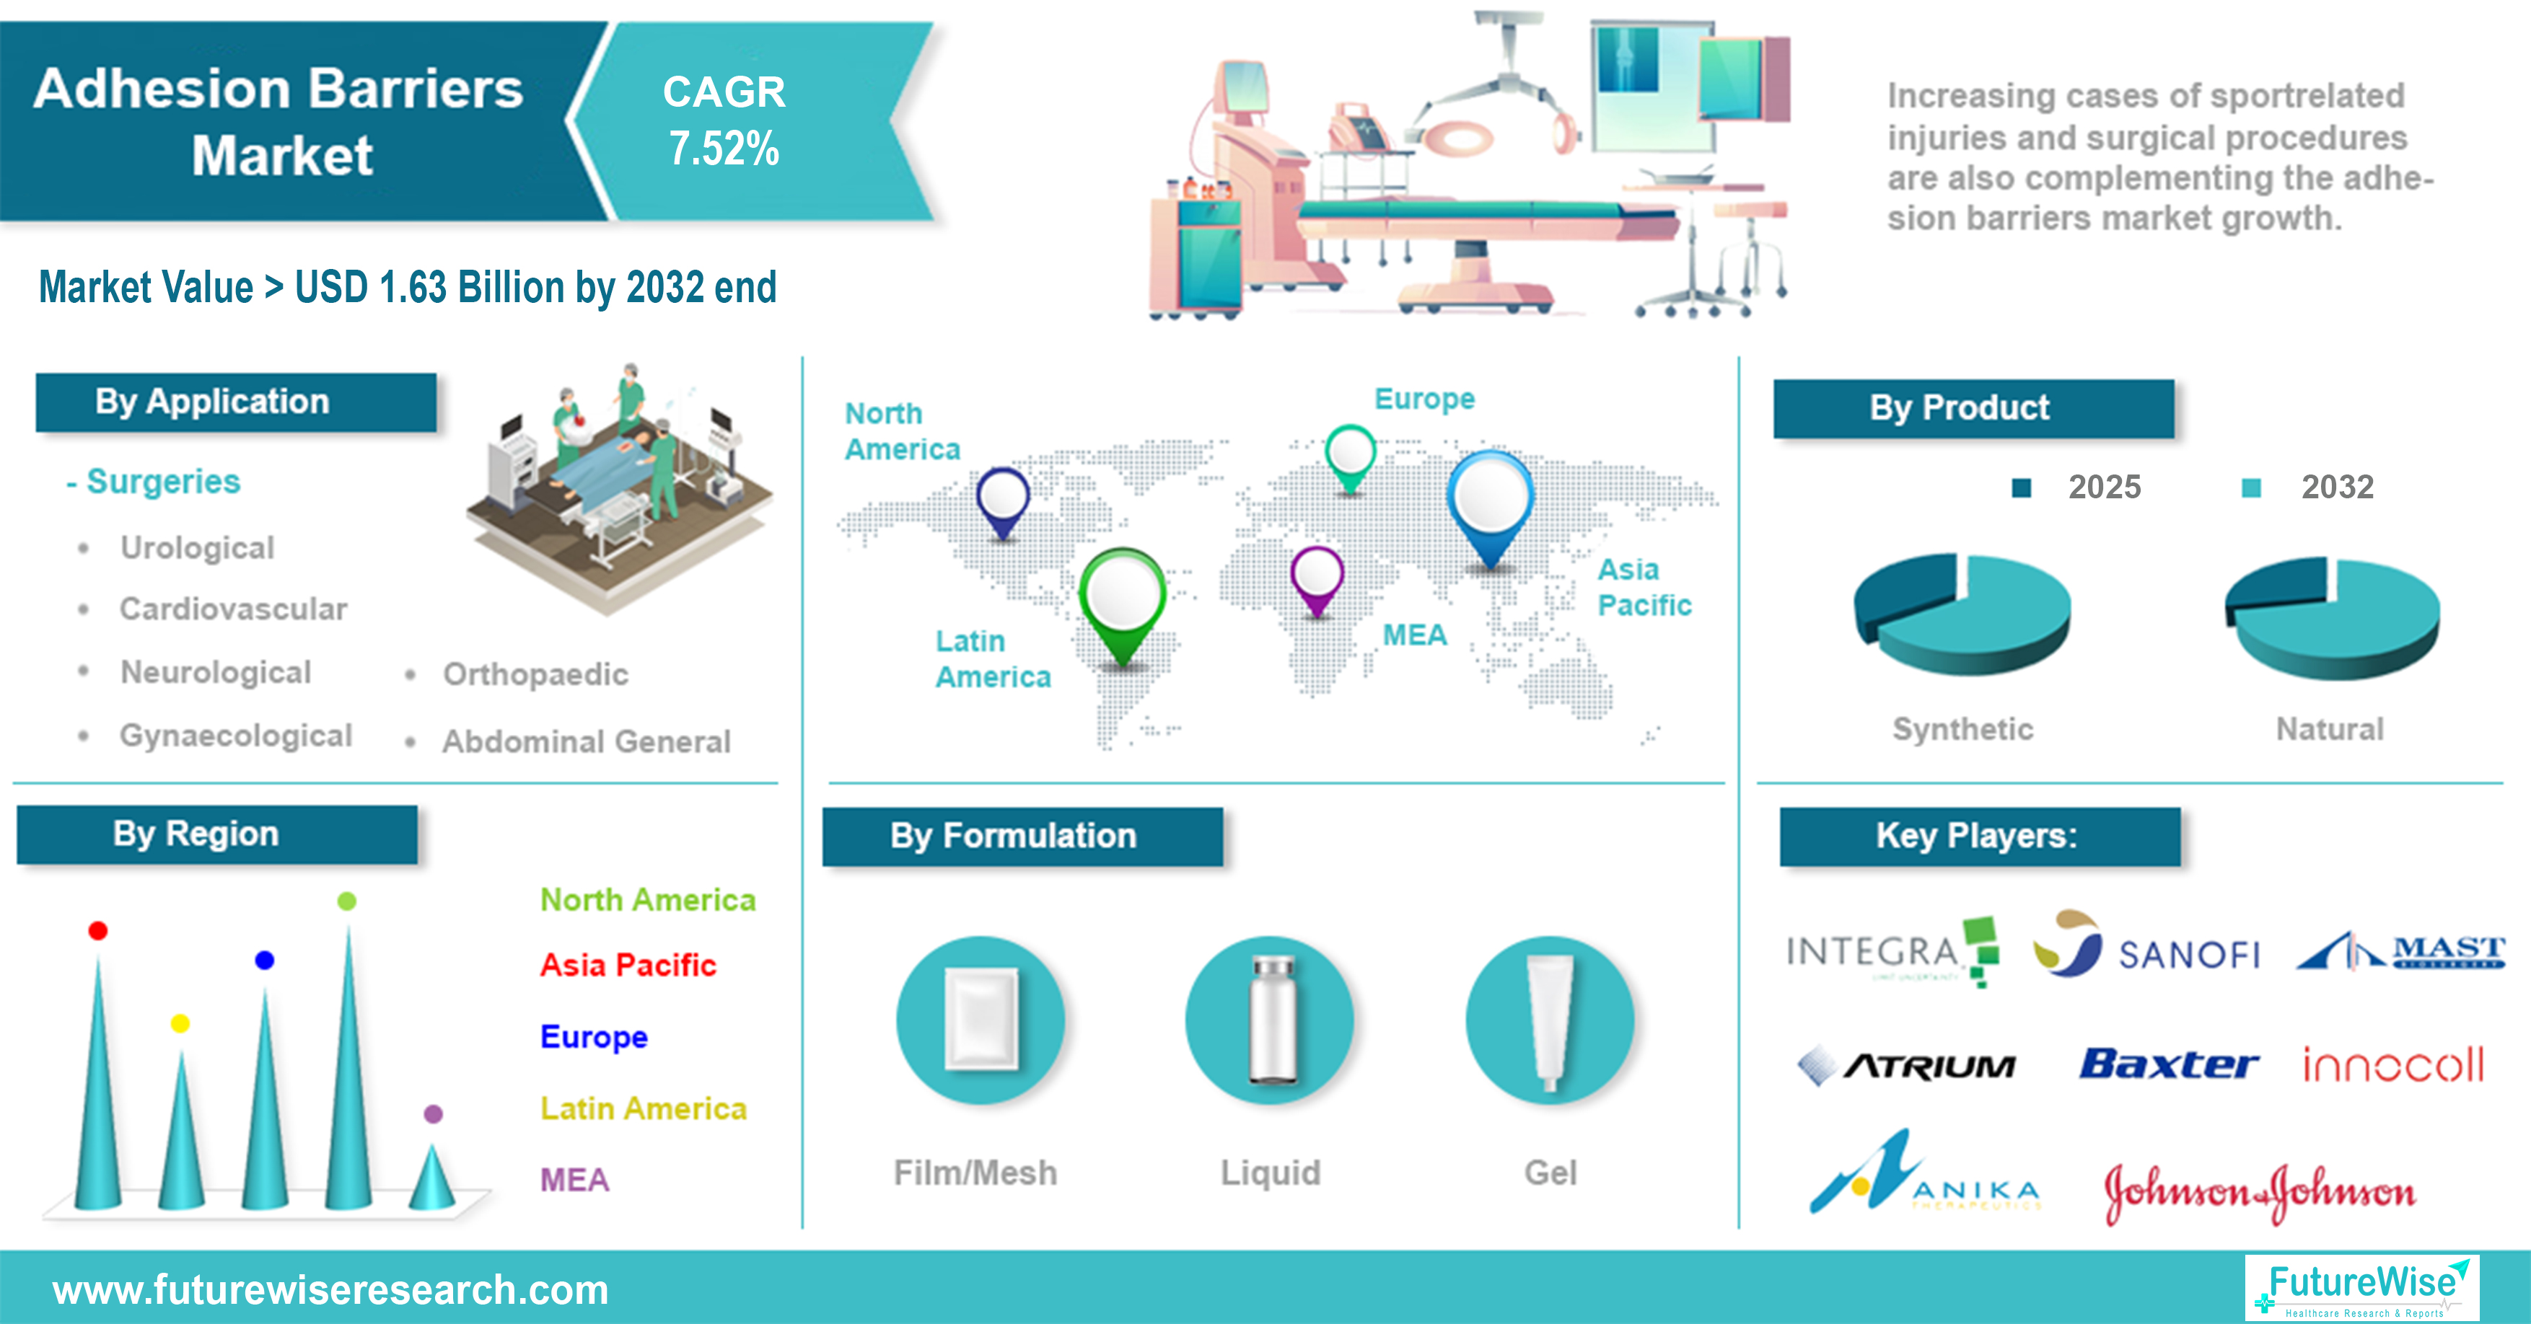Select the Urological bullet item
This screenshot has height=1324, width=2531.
(x=196, y=548)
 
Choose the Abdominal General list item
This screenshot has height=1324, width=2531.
(x=586, y=741)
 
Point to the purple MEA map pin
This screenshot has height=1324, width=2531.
(x=1317, y=578)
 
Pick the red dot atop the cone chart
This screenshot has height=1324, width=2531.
(x=97, y=930)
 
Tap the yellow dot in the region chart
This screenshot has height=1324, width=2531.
(x=180, y=1023)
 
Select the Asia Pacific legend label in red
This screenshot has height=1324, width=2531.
(x=628, y=966)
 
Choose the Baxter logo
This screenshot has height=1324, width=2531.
(x=2168, y=1064)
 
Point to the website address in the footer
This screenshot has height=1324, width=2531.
(x=330, y=1289)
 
